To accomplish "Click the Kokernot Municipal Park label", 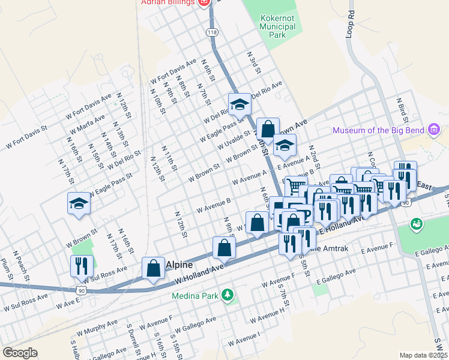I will pyautogui.click(x=278, y=27).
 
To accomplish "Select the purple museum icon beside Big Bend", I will pyautogui.click(x=435, y=129).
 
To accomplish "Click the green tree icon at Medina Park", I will pyautogui.click(x=227, y=295).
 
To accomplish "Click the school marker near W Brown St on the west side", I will pyautogui.click(x=79, y=203).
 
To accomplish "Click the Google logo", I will pyautogui.click(x=20, y=353).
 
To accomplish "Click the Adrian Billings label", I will pyautogui.click(x=167, y=2).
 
